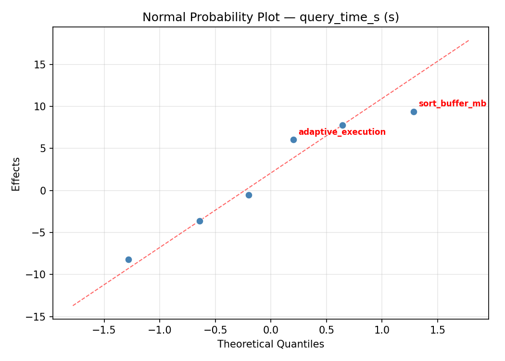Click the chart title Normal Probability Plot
pyautogui.click(x=270, y=17)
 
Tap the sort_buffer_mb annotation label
pyautogui.click(x=452, y=104)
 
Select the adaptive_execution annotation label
pyautogui.click(x=342, y=132)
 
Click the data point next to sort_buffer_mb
pyautogui.click(x=414, y=112)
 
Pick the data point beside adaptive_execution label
pyautogui.click(x=293, y=140)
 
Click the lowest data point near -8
pyautogui.click(x=128, y=259)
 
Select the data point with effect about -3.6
pyautogui.click(x=200, y=221)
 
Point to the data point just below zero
pyautogui.click(x=249, y=195)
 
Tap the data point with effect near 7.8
pyautogui.click(x=342, y=125)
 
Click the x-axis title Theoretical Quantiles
pyautogui.click(x=270, y=344)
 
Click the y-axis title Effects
pyautogui.click(x=16, y=174)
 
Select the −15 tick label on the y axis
pyautogui.click(x=39, y=317)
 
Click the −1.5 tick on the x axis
pyautogui.click(x=104, y=331)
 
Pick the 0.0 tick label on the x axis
pyautogui.click(x=270, y=331)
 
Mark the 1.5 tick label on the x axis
pyautogui.click(x=437, y=331)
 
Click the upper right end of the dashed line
pyautogui.click(x=469, y=40)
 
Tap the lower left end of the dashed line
pyautogui.click(x=73, y=305)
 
